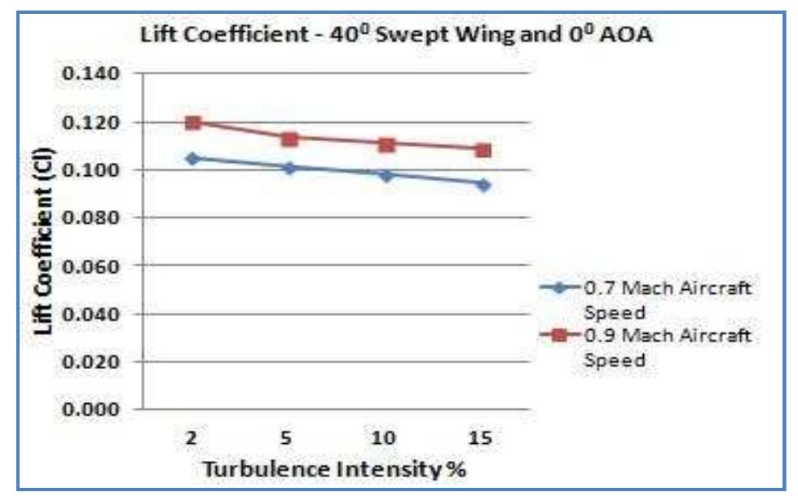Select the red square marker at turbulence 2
192,123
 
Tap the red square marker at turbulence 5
289,138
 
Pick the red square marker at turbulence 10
386,145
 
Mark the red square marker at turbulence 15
483,151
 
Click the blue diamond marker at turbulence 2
192,158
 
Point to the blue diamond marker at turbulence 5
289,168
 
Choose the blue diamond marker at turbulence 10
386,174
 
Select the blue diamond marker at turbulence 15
483,185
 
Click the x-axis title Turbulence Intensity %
335,469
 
